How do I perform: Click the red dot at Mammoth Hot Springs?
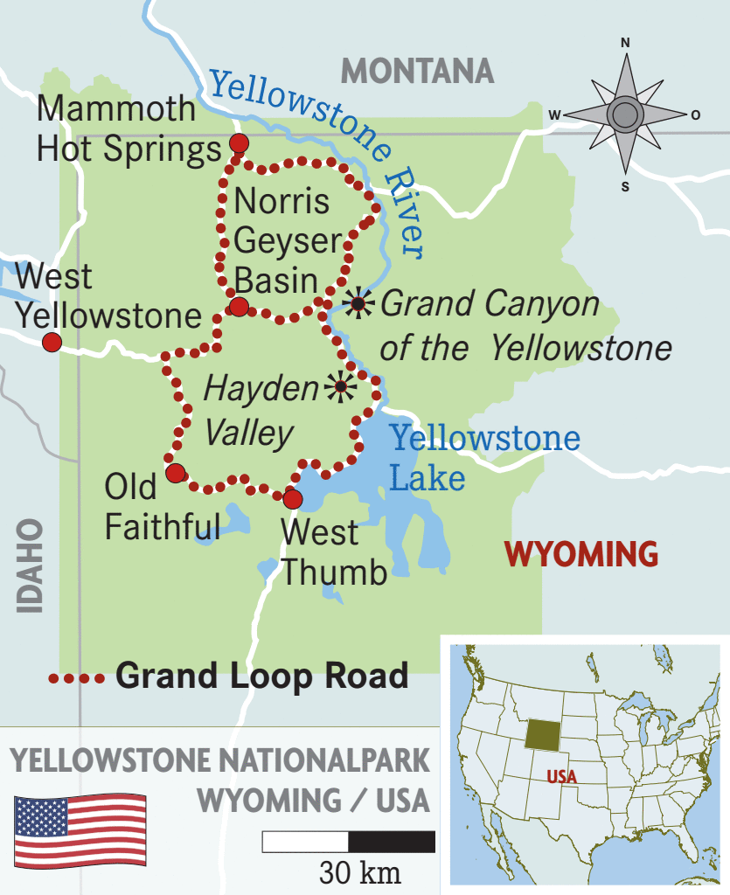238,144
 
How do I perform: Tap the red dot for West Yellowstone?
52,342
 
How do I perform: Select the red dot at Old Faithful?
176,474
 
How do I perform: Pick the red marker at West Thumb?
292,499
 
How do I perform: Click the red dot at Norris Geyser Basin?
239,307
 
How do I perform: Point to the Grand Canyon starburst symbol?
358,302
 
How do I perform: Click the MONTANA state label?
417,70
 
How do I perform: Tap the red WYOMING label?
581,554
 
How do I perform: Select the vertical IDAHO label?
30,565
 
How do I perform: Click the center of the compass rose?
625,114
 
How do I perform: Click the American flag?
80,829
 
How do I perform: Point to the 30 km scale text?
359,872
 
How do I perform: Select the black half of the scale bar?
392,842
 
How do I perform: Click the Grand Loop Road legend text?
262,676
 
